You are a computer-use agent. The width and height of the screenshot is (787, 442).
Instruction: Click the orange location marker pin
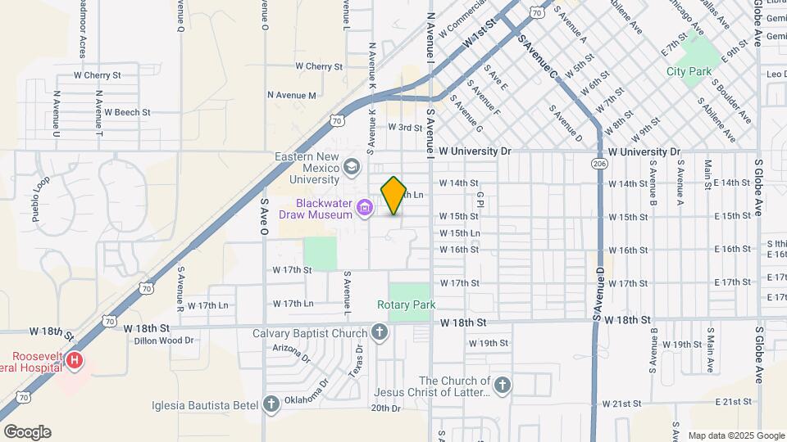(393, 196)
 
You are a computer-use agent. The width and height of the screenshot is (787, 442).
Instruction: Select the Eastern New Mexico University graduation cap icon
(352, 168)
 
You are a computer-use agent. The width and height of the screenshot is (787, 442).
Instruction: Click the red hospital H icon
(75, 360)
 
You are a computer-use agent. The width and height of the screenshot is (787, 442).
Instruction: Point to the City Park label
(689, 72)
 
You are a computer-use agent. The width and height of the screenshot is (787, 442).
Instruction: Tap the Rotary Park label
(406, 304)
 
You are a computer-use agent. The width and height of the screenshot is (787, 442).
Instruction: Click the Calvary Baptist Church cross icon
(379, 332)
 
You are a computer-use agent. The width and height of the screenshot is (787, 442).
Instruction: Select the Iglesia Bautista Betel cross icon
(272, 404)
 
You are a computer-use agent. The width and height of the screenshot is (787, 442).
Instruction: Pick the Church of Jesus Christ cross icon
(503, 385)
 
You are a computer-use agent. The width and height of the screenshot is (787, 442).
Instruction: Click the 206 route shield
(602, 164)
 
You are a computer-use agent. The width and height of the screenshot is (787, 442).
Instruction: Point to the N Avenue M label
(292, 95)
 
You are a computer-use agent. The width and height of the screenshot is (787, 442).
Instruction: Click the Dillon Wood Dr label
(164, 340)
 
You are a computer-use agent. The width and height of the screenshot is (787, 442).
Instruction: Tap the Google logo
(27, 432)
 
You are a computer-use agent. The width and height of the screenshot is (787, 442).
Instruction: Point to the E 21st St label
(733, 402)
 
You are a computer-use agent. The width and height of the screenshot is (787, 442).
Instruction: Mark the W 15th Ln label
(459, 233)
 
